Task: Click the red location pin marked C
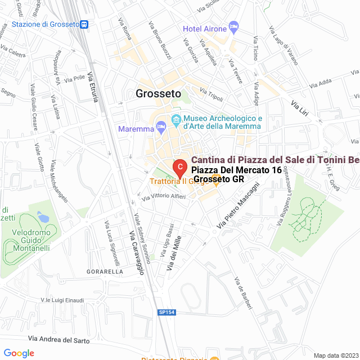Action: [x=179, y=168]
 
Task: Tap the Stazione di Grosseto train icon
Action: [x=84, y=24]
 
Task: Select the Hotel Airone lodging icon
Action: [x=234, y=28]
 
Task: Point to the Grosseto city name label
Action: [x=158, y=94]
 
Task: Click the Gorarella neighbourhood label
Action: [x=105, y=272]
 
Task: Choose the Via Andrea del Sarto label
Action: [x=58, y=340]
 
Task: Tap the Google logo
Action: [x=19, y=353]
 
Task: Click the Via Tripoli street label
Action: [x=211, y=94]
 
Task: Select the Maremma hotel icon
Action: [x=161, y=128]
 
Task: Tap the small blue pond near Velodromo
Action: [x=43, y=216]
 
